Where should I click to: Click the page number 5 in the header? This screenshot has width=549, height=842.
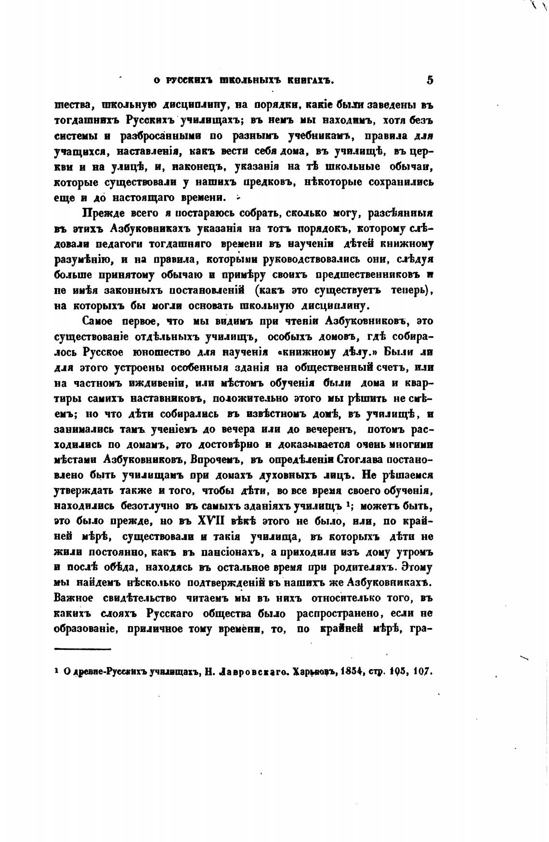(x=430, y=80)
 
